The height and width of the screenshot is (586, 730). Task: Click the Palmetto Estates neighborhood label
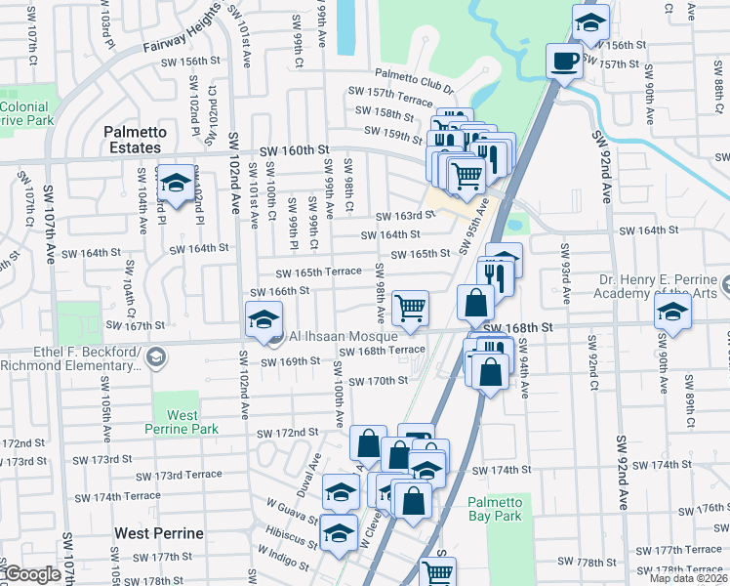click(x=135, y=140)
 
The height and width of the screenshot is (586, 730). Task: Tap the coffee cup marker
click(x=564, y=62)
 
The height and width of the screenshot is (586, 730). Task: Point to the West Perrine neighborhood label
click(x=159, y=533)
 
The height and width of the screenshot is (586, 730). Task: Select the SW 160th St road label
click(x=296, y=151)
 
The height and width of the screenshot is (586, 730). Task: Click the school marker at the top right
click(x=590, y=22)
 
